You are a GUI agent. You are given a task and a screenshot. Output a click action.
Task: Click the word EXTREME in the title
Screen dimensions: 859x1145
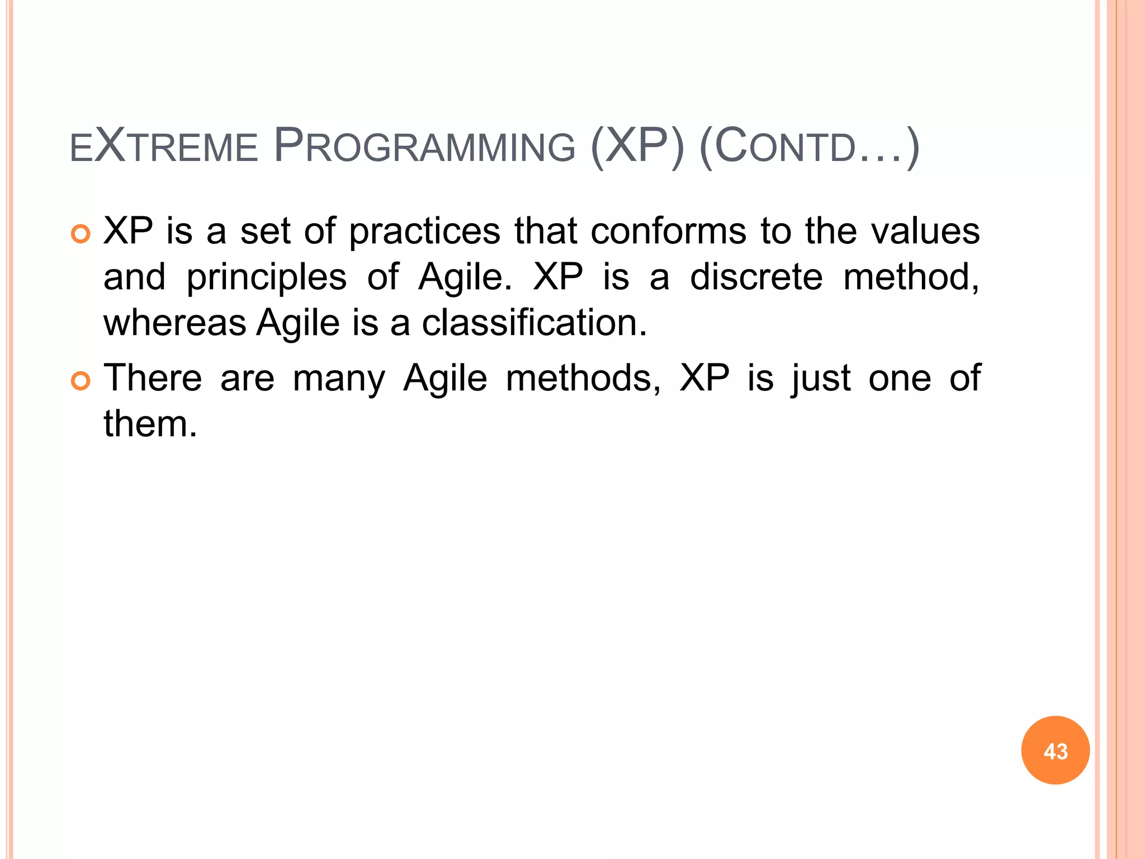pos(163,147)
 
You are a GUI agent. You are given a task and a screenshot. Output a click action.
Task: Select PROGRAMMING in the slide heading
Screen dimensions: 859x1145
pos(425,147)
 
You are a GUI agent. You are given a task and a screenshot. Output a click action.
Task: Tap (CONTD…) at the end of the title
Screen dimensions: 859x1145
pos(809,147)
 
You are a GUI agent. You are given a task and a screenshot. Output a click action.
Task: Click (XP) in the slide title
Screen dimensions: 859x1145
pos(637,147)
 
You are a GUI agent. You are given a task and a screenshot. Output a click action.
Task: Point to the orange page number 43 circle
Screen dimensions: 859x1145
pos(1055,751)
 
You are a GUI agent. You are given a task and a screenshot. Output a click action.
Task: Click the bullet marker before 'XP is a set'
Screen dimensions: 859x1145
pos(81,234)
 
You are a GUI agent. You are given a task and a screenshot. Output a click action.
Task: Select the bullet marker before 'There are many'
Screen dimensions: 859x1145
pos(81,381)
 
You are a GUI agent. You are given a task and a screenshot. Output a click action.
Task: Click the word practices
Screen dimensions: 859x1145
pos(425,232)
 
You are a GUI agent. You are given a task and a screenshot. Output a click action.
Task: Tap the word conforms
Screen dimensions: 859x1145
pos(669,231)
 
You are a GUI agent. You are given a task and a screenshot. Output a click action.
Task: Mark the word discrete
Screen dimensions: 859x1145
pos(756,277)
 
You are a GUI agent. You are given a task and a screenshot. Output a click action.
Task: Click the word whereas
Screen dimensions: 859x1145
pos(175,323)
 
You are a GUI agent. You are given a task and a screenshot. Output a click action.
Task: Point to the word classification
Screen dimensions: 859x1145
pos(534,323)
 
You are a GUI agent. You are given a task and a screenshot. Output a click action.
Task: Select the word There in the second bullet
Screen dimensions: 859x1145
pos(153,377)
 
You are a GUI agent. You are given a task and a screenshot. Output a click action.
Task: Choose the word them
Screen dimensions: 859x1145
pos(150,423)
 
